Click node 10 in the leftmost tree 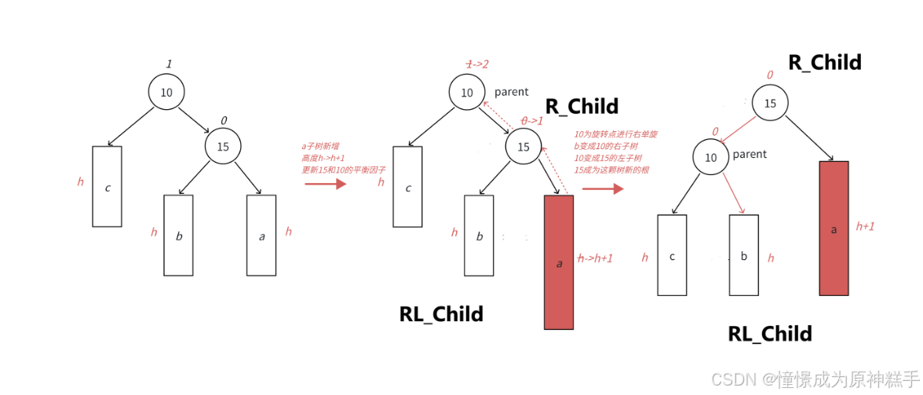coord(166,93)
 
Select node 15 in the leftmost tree coord(223,146)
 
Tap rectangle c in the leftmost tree coord(107,186)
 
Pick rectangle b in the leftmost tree coord(178,235)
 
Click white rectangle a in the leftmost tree coord(261,235)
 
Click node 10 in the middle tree coord(467,93)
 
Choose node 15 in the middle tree coord(524,146)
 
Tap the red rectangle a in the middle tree coord(559,262)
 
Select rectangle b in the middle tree coord(479,235)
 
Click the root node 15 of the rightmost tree coord(770,104)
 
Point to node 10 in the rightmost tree coord(710,157)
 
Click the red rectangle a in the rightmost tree coord(834,228)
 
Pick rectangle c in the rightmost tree coord(672,255)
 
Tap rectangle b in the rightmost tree coord(743,255)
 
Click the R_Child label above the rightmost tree coord(825,62)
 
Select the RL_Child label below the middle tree coord(441,314)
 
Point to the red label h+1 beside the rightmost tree coord(865,225)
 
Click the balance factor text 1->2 coord(477,64)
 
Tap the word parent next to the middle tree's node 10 coord(511,92)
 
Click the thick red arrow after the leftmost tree coord(325,184)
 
